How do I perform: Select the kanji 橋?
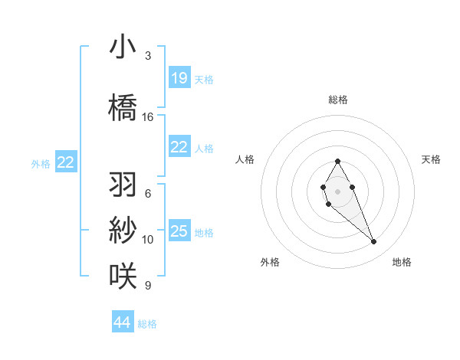pyautogui.click(x=123, y=107)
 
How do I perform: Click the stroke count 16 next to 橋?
pyautogui.click(x=148, y=117)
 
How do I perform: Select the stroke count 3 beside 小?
pyautogui.click(x=148, y=56)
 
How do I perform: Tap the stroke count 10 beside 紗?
pyautogui.click(x=148, y=240)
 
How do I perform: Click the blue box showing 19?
pyautogui.click(x=179, y=78)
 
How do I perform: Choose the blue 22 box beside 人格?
pyautogui.click(x=179, y=148)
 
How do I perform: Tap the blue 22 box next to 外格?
pyautogui.click(x=66, y=162)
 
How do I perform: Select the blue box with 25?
pyautogui.click(x=179, y=231)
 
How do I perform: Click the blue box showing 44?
pyautogui.click(x=123, y=322)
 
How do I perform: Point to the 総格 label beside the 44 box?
pyautogui.click(x=147, y=324)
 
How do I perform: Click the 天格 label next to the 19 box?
pyautogui.click(x=204, y=80)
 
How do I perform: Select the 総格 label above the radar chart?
pyautogui.click(x=337, y=100)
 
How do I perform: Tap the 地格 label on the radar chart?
pyautogui.click(x=402, y=262)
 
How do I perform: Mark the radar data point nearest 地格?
pyautogui.click(x=374, y=242)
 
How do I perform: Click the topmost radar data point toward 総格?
pyautogui.click(x=337, y=162)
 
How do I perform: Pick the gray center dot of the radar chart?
pyautogui.click(x=337, y=190)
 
